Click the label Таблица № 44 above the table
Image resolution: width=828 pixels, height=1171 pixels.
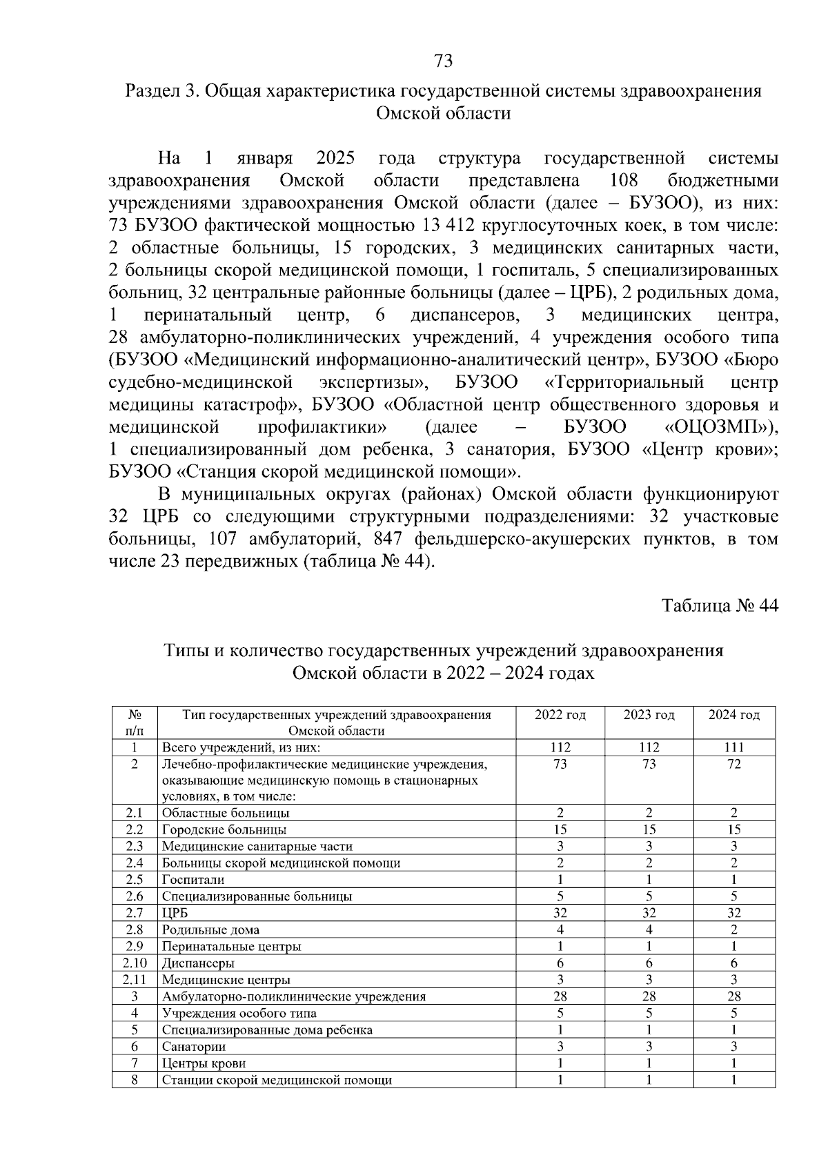tap(720, 606)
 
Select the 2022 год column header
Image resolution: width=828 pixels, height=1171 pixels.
tap(560, 715)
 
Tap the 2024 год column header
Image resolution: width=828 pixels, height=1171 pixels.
tap(733, 715)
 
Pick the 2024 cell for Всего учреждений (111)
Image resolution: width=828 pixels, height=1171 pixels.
tap(733, 747)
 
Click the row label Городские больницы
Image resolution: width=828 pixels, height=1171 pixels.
tap(224, 829)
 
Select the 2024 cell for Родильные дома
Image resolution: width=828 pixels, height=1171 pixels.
tap(733, 929)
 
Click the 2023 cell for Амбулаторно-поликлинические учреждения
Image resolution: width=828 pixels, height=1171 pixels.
tap(649, 996)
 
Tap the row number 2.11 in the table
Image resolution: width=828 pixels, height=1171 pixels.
tap(135, 980)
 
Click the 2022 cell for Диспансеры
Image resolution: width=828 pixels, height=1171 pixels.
tap(560, 963)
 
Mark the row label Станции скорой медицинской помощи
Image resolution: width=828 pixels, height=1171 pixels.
tap(277, 1080)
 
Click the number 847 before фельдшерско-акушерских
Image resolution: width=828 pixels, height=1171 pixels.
tap(387, 539)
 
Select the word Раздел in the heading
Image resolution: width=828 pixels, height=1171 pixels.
tap(151, 91)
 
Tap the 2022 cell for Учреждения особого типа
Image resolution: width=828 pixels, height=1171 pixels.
tap(560, 1013)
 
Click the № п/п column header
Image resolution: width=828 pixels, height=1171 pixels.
tap(135, 722)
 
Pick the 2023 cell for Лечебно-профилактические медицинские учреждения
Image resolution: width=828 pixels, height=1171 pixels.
tap(649, 764)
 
